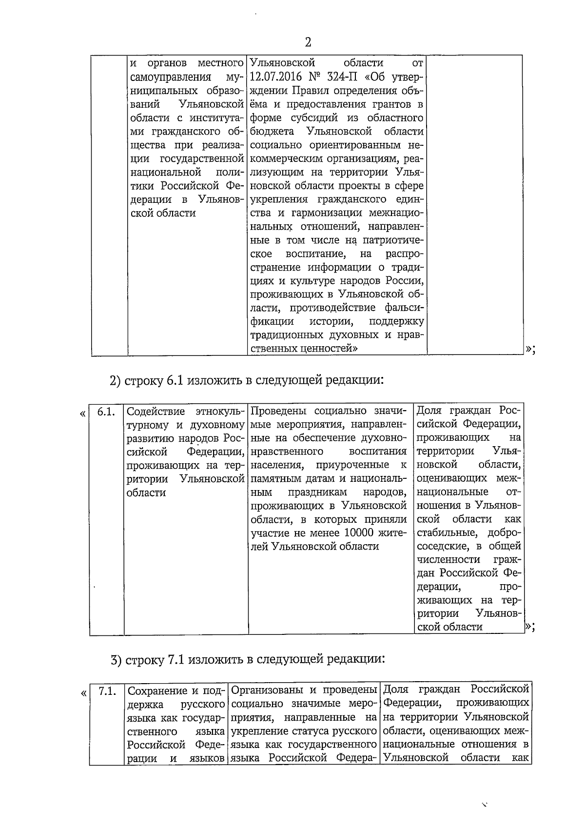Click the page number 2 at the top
[308, 42]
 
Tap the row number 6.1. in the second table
[106, 412]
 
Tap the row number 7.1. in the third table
[107, 691]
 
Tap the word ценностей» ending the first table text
[332, 348]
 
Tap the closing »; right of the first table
[531, 349]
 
